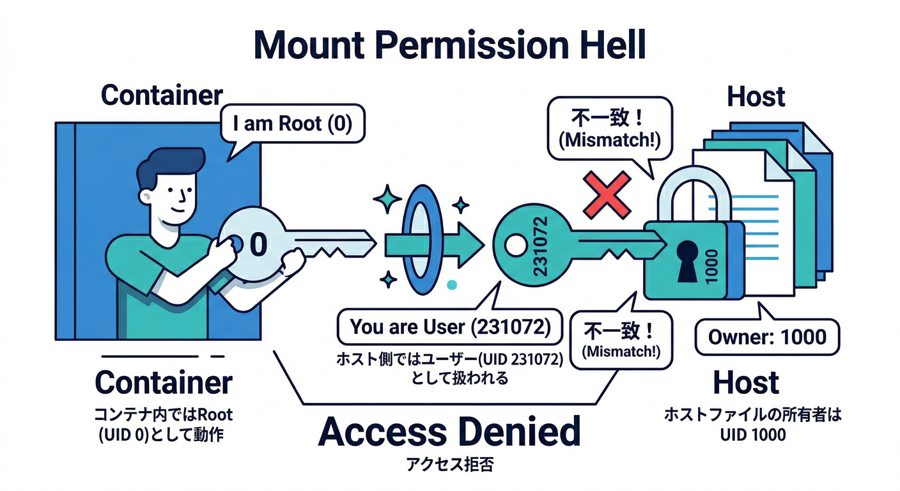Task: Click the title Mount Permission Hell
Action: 449,45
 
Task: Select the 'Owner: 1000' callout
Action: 766,337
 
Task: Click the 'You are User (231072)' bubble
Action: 450,327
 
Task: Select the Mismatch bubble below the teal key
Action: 620,339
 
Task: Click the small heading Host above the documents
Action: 756,97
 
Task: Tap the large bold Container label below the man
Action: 164,383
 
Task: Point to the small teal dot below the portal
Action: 453,285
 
